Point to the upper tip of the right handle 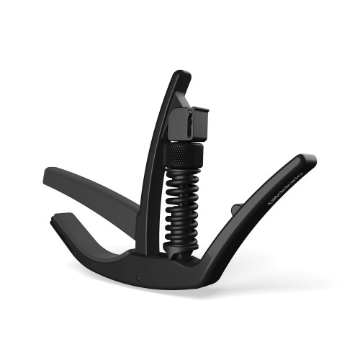tap(308, 160)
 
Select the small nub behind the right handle tap(235, 209)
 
